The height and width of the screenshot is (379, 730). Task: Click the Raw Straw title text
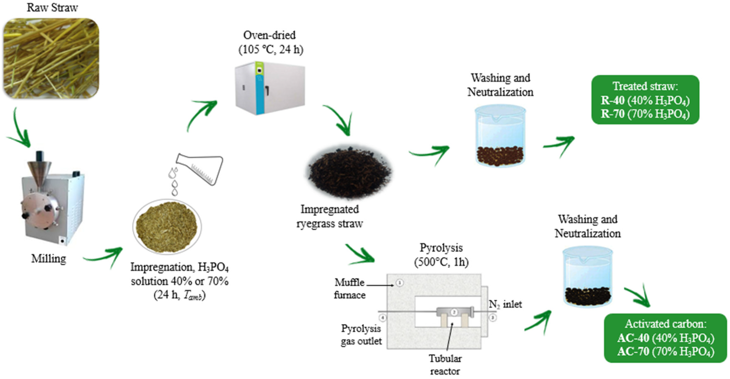52,8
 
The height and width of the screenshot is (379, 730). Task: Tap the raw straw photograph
51,58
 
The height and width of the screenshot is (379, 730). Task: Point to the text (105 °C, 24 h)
271,50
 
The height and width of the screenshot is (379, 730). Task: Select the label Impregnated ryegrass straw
330,217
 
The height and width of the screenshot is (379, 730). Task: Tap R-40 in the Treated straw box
613,101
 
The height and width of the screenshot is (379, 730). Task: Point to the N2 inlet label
505,304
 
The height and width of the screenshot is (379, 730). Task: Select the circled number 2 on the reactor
454,312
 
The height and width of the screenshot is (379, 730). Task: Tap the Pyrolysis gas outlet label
361,335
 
